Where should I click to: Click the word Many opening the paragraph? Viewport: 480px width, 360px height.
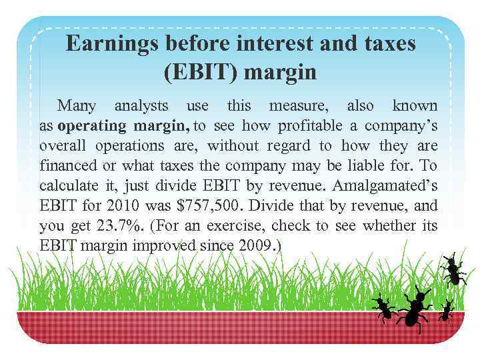[76, 105]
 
